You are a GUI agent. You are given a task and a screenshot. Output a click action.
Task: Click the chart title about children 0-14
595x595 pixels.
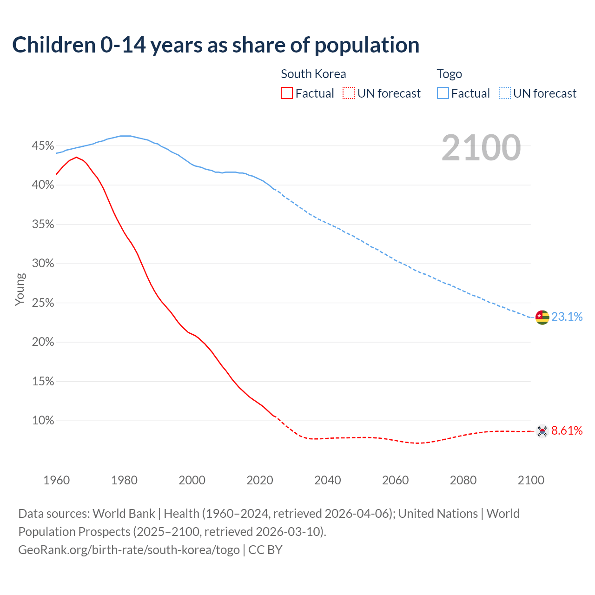point(216,45)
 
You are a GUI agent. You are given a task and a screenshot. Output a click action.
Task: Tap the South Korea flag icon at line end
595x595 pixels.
point(542,431)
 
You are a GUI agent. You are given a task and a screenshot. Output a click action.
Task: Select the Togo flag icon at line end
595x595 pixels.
point(542,317)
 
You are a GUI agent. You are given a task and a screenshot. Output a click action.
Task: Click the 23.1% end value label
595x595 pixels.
point(567,317)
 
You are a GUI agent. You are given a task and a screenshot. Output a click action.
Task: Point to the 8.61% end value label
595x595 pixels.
point(567,431)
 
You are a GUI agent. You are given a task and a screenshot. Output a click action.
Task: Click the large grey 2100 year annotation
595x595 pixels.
point(481,148)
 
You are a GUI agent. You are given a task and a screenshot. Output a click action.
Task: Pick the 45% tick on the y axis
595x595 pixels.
point(43,146)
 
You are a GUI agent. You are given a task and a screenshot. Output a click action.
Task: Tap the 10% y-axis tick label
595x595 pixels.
point(43,421)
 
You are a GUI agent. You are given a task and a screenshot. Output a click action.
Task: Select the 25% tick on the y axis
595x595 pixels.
point(43,303)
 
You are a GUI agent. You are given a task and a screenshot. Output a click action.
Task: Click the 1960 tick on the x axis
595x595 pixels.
point(56,480)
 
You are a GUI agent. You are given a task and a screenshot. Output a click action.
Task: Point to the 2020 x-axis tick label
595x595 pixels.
point(260,480)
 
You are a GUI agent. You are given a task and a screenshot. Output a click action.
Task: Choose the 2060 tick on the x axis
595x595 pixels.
point(395,480)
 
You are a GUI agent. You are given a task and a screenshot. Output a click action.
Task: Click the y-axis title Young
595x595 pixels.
point(20,289)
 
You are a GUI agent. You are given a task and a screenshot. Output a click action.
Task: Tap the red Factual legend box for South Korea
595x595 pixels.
point(287,93)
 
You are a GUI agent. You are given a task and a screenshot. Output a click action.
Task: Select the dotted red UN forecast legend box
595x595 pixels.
point(349,93)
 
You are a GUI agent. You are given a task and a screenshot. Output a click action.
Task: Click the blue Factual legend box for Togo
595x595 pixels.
point(443,93)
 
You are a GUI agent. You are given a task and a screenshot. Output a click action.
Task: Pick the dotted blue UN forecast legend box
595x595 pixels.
point(505,93)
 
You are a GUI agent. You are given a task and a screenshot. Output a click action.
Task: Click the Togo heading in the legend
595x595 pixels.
point(449,74)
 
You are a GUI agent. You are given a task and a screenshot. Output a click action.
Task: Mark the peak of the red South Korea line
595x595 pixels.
point(76,157)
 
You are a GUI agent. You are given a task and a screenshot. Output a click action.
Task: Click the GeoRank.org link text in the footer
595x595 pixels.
point(129,550)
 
